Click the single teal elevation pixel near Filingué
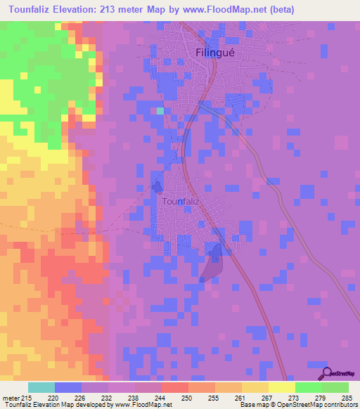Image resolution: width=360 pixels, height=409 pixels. [x=160, y=110]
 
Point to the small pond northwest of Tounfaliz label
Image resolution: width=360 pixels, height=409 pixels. [x=157, y=187]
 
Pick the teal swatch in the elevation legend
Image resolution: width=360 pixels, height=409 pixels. [x=41, y=387]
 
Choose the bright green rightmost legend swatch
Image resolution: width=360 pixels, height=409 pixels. [x=335, y=387]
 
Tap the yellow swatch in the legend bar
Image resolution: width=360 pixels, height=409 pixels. [x=282, y=387]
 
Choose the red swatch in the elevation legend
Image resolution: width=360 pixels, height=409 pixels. [x=175, y=387]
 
